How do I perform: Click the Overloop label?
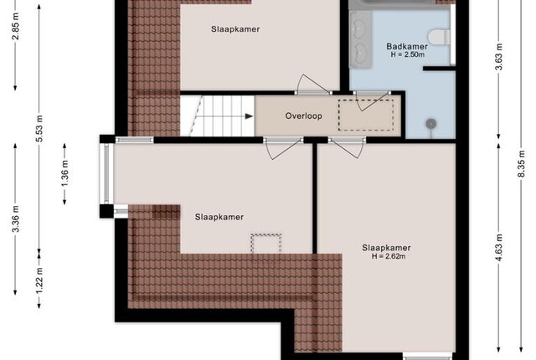point(303,116)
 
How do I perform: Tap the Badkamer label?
point(407,46)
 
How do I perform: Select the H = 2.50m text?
point(408,54)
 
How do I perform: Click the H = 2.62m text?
point(389,256)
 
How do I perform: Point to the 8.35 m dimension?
point(521,163)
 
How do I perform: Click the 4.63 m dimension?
point(499,247)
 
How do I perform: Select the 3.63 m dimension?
point(499,57)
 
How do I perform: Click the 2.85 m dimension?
point(16,26)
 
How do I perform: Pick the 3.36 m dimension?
point(16,219)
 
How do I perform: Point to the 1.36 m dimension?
point(65,173)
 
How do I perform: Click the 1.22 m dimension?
point(39,280)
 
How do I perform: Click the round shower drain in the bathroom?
point(431,122)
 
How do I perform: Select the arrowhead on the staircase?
point(250,116)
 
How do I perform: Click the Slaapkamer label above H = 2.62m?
point(386,248)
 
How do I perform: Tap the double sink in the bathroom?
point(359,39)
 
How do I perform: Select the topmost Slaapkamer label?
point(235,29)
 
